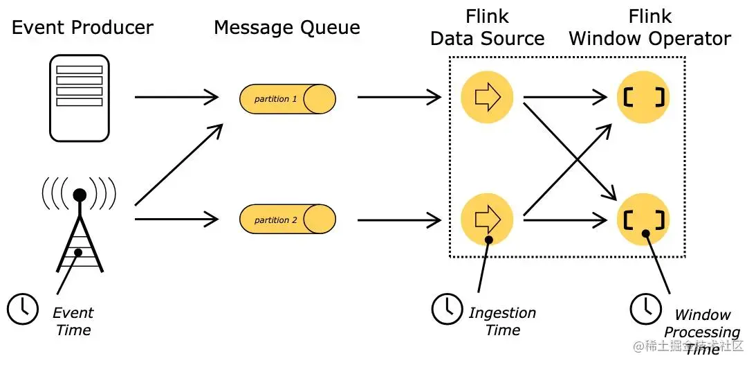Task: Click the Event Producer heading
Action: click(82, 28)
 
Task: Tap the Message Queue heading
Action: click(286, 28)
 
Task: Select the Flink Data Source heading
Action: click(487, 28)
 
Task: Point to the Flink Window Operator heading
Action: click(649, 28)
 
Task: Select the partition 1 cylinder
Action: click(287, 99)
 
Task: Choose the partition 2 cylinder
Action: click(287, 220)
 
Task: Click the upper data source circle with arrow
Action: click(487, 98)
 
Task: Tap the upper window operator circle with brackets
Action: click(643, 98)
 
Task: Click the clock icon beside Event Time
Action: click(23, 308)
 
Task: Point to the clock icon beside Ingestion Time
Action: click(447, 308)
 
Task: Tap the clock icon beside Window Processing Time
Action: click(645, 308)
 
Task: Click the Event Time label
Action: click(73, 321)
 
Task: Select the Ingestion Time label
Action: click(502, 321)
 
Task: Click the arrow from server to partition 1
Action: click(178, 98)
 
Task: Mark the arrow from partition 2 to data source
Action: click(399, 220)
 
